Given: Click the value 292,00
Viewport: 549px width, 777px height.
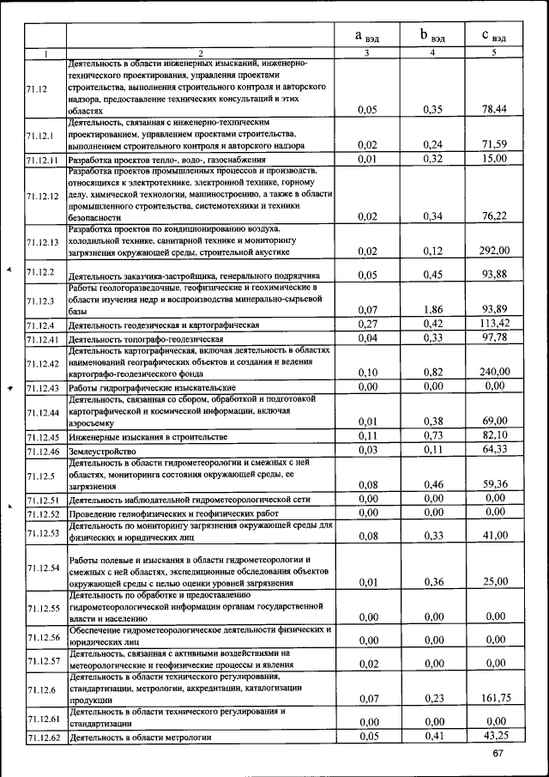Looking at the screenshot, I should (x=494, y=251).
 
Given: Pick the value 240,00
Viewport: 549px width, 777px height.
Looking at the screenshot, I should (x=494, y=372).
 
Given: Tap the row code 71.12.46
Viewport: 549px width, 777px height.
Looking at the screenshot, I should (x=41, y=451).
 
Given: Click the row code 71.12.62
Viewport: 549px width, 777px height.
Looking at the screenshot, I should (x=41, y=737).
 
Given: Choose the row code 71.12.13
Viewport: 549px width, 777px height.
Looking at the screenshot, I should (x=42, y=241).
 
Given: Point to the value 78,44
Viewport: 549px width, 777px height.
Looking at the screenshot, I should (x=495, y=109).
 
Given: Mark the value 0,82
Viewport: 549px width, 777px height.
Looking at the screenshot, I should (x=432, y=372).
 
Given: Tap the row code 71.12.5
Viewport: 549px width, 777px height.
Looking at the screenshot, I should (x=38, y=475).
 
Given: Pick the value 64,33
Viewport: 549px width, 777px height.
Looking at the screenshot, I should (x=496, y=450).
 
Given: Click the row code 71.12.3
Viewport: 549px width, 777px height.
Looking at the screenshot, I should (x=39, y=300).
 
